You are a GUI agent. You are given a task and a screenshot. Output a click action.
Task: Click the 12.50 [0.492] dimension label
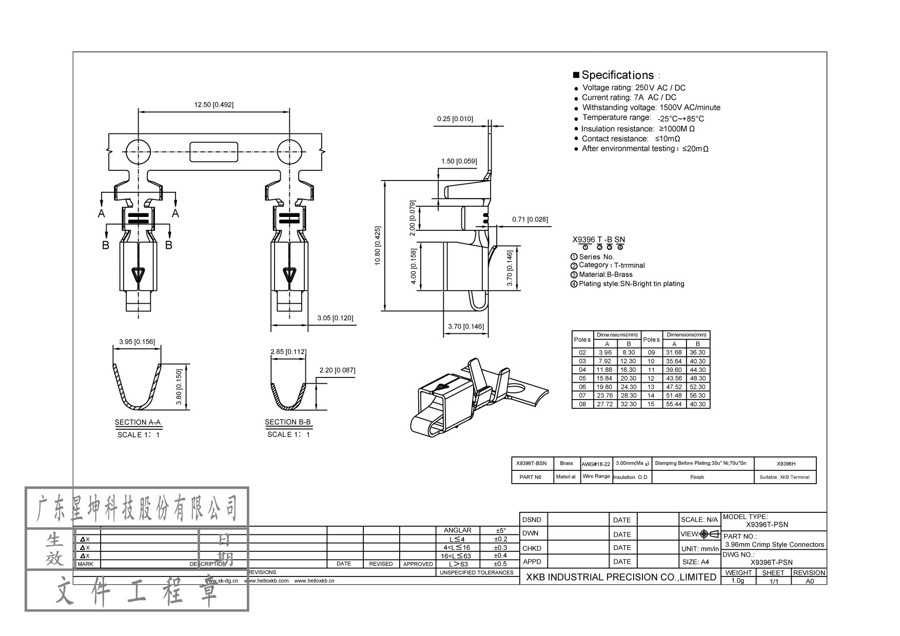click(x=213, y=105)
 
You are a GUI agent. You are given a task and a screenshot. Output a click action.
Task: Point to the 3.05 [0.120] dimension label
click(x=335, y=318)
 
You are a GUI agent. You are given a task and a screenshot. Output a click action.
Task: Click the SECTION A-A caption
click(x=138, y=422)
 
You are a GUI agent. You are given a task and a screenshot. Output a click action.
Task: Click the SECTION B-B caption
click(x=287, y=422)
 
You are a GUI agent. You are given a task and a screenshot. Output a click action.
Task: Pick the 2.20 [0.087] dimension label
click(x=337, y=370)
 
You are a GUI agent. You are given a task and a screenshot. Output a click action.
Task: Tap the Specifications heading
click(x=617, y=75)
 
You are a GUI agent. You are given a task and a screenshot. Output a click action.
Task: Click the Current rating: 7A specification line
click(x=629, y=97)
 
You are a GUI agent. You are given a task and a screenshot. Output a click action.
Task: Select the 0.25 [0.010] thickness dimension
click(x=455, y=119)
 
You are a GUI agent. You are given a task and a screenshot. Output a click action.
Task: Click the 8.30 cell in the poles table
click(x=628, y=353)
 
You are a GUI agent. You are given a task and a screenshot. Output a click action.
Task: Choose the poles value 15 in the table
click(x=651, y=404)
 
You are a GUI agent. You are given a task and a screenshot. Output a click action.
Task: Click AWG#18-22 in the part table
click(x=596, y=464)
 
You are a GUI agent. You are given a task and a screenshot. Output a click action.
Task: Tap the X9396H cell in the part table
click(x=786, y=464)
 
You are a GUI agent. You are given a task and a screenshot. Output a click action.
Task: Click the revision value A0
click(x=809, y=581)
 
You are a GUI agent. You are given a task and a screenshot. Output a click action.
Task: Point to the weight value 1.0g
click(x=737, y=581)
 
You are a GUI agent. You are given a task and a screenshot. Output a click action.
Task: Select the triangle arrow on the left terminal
click(x=138, y=275)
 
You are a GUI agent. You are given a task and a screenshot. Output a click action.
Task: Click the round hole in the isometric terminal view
click(x=518, y=388)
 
